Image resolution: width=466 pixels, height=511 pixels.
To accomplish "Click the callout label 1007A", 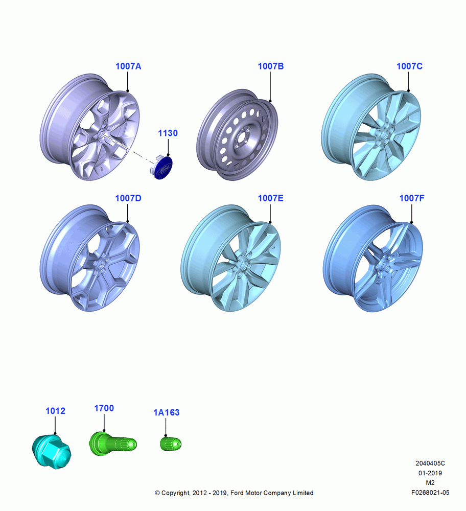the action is [x=128, y=66].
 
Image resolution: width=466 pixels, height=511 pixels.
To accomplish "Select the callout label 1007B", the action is [x=271, y=66].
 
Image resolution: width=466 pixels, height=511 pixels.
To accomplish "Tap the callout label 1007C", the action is [x=409, y=66].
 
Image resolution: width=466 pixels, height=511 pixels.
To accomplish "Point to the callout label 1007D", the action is [x=128, y=198].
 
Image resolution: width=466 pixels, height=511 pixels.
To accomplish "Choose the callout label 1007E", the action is [x=270, y=198].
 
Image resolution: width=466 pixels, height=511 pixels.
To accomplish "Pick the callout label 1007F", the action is [x=412, y=198].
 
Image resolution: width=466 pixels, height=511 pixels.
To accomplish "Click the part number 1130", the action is [x=168, y=133].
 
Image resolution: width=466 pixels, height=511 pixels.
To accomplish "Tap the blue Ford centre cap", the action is [x=161, y=168].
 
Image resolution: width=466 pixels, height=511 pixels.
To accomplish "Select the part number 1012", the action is [x=55, y=411].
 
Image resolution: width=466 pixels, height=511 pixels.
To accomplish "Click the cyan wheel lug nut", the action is [x=52, y=451].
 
